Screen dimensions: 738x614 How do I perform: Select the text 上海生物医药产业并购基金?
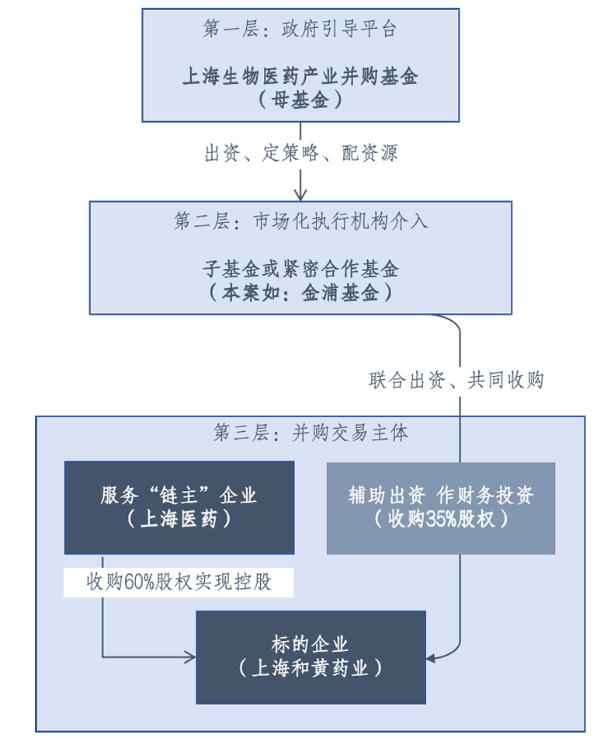pos(300,77)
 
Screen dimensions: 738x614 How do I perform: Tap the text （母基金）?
pos(300,100)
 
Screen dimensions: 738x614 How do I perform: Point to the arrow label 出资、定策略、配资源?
pos(300,153)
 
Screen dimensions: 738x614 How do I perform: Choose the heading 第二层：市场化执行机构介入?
pos(300,221)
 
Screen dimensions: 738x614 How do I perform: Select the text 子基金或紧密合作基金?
pos(300,270)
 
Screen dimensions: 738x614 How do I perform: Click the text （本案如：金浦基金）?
pos(300,294)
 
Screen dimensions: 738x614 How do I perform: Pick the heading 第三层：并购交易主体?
pos(310,433)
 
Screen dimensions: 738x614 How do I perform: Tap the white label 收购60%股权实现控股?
pos(179,582)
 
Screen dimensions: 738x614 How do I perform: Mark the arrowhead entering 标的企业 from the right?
pos(432,658)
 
